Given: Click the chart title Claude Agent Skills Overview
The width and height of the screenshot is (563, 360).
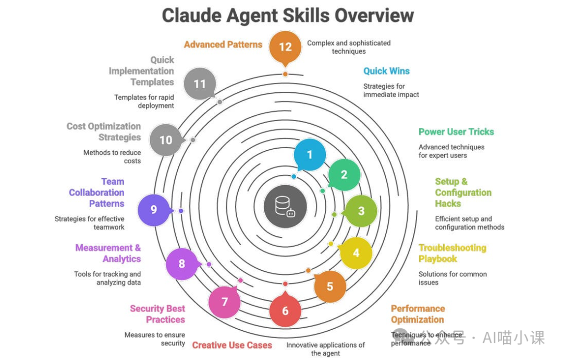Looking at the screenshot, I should pos(288,16).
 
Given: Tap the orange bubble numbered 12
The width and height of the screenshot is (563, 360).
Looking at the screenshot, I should pos(285,47).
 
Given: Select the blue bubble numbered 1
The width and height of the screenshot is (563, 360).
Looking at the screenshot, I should pos(310,155).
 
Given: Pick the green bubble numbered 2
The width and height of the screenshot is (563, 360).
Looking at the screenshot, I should pos(344,175).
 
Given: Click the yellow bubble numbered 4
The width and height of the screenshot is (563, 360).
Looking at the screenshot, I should pos(356,254).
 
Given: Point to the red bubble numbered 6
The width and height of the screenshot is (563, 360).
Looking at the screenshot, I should pos(285,311).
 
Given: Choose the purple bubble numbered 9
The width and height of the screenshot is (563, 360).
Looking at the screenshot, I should pos(154,210).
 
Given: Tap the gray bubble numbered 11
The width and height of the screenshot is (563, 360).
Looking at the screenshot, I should pos(200,83).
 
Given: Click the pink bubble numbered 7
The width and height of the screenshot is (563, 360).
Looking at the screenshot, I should pos(225,302).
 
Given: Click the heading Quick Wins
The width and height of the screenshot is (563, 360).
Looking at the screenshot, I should pos(386,71).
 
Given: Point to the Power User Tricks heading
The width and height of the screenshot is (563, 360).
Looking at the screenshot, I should pos(456,132).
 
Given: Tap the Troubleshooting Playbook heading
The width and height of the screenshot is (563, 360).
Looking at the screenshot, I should pos(452,253).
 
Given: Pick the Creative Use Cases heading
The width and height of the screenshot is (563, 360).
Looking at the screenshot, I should pos(232,345).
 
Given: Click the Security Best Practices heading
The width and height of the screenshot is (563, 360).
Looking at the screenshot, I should pos(157,314).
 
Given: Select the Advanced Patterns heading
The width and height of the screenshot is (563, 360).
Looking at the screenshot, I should pos(223,45).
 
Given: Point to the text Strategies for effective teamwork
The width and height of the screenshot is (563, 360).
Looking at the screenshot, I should pos(90,223).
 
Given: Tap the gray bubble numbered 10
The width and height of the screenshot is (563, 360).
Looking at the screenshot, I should pos(166,140).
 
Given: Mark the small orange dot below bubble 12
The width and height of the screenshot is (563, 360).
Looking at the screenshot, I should pos(285,74).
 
